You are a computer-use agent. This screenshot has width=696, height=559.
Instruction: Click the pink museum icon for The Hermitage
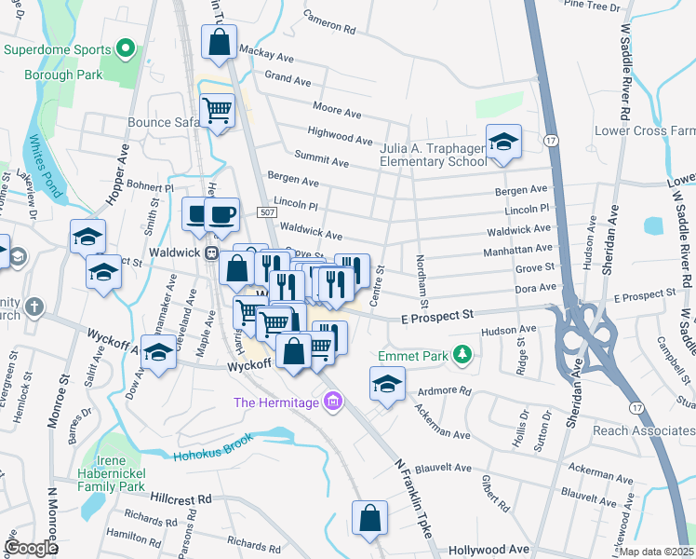pyautogui.click(x=332, y=402)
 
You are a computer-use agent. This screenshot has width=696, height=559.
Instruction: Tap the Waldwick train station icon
pyautogui.click(x=212, y=252)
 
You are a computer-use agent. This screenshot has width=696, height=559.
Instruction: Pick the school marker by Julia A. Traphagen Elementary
pyautogui.click(x=503, y=142)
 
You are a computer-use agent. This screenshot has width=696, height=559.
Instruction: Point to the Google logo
pyautogui.click(x=32, y=548)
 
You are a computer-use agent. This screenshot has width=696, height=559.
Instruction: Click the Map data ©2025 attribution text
pyautogui.click(x=657, y=552)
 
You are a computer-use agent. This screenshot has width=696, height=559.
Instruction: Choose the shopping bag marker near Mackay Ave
pyautogui.click(x=218, y=43)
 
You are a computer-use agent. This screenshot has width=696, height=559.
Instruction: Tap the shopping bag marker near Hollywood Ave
pyautogui.click(x=369, y=518)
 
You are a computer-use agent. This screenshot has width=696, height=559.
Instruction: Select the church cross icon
pyautogui.click(x=33, y=307)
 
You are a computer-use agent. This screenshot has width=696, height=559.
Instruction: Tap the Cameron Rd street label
pyautogui.click(x=329, y=23)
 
